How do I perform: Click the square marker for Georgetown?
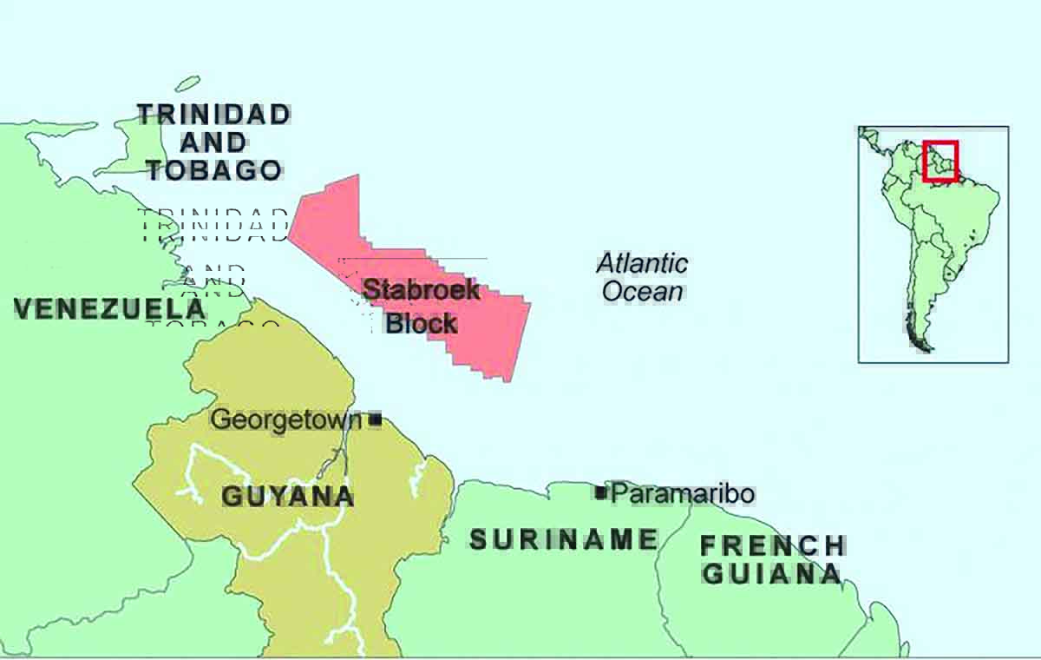376,419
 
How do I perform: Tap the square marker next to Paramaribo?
600,492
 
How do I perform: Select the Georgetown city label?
286,420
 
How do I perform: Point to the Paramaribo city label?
683,494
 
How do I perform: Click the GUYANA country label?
288,496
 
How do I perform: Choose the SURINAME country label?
564,539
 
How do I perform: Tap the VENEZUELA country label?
110,308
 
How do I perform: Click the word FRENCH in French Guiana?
772,545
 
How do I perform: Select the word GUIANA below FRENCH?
772,573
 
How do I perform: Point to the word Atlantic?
642,263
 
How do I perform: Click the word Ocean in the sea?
642,292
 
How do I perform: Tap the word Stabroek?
422,289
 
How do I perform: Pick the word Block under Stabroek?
422,323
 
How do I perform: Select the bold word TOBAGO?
213,169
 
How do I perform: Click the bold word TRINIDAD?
213,114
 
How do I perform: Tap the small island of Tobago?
187,85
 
